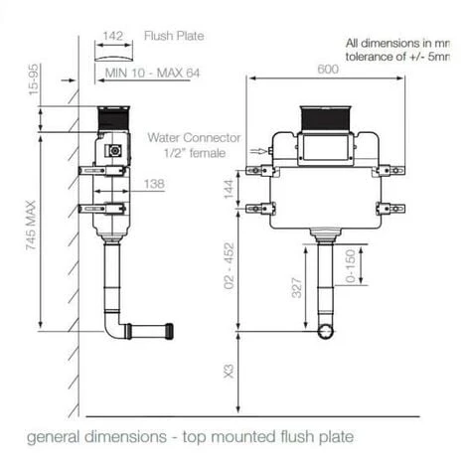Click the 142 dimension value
[x=112, y=36]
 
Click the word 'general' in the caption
[x=55, y=435]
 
